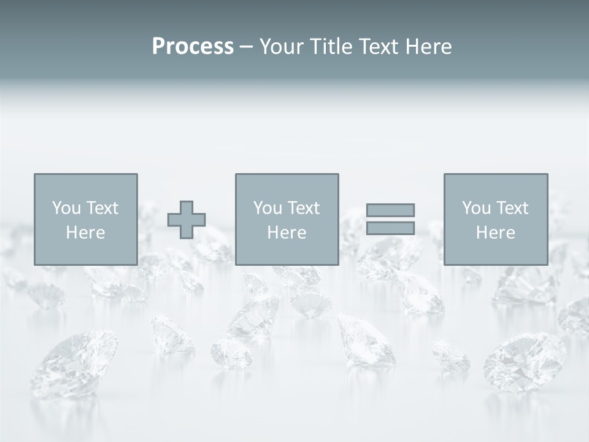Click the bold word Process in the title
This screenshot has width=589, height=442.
[193, 47]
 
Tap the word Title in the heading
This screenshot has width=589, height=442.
[331, 47]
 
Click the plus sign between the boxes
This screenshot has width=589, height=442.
[187, 220]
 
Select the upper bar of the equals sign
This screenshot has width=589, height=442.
[390, 210]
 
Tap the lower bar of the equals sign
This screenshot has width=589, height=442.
[390, 228]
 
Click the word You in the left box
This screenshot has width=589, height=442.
[67, 208]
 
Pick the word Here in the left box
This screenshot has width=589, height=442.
[85, 233]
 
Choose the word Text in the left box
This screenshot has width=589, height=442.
[102, 208]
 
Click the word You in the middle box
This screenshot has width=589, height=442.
[268, 208]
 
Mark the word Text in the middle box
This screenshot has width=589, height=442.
[303, 208]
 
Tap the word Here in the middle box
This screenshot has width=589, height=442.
[287, 233]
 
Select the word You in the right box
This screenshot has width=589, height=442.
[477, 208]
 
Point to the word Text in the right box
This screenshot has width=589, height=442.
[512, 208]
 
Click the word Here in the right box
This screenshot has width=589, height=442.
[495, 233]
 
